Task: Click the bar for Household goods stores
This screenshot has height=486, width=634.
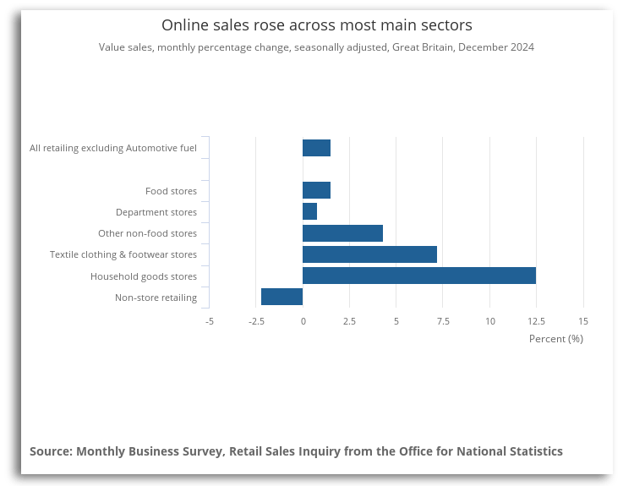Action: tap(418, 276)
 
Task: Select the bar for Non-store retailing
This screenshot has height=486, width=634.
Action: tap(281, 297)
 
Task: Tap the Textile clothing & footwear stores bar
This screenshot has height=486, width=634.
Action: tap(369, 254)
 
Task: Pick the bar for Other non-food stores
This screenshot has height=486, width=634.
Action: tap(342, 233)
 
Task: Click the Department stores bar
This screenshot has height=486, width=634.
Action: tap(309, 212)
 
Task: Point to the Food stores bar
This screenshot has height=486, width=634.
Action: tap(316, 191)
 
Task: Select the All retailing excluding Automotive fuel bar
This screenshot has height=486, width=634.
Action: tap(316, 148)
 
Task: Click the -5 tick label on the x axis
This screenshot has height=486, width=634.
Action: tap(209, 321)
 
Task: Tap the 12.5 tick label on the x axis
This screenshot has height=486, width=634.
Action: tap(536, 321)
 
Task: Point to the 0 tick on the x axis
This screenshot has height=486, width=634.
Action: tap(303, 321)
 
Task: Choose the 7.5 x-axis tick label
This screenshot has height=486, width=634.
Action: tap(443, 321)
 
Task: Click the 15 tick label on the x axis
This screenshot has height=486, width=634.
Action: tap(582, 321)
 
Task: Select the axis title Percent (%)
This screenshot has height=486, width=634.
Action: tap(555, 339)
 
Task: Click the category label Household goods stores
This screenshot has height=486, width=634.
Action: tap(144, 276)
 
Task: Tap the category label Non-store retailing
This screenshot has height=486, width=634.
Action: tap(156, 298)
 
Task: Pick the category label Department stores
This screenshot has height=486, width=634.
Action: tap(156, 212)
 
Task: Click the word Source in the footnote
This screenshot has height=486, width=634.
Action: tap(49, 451)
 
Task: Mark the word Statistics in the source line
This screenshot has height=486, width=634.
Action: tap(531, 451)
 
